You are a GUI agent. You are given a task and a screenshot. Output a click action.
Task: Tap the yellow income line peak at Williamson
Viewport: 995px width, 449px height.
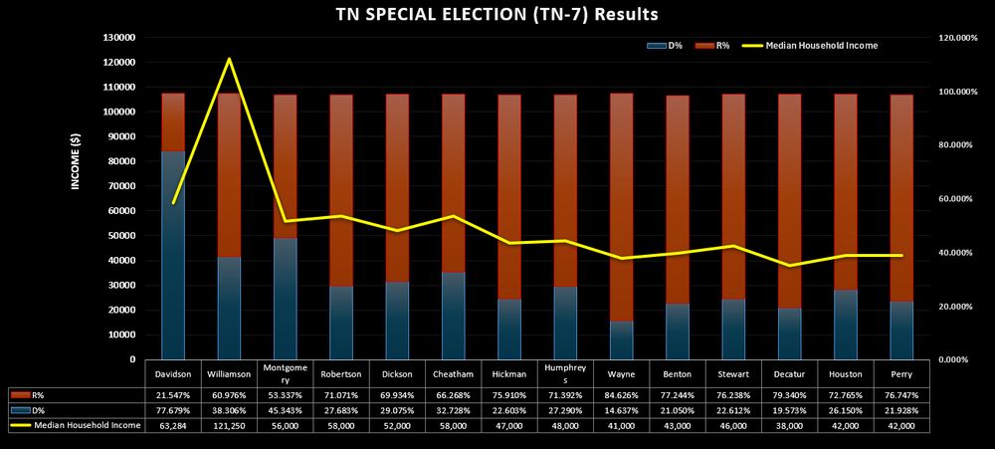[x=230, y=60]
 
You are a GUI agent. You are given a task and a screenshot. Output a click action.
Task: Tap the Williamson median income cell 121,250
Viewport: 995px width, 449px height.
[x=230, y=424]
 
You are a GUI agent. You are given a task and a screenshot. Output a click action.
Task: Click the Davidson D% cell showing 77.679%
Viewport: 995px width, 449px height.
[x=173, y=409]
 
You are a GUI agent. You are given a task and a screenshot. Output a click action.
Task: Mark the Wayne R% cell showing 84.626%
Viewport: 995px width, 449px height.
[x=621, y=395]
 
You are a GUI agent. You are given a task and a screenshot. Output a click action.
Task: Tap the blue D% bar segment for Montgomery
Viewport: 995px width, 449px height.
[x=286, y=299]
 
